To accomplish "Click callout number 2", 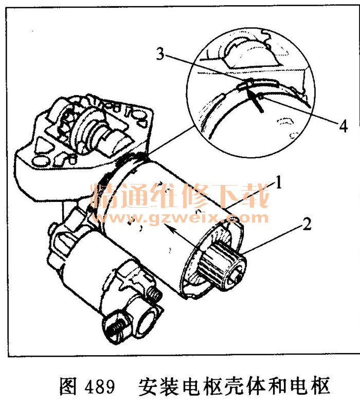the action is point(307,224).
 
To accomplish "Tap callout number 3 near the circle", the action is point(160,54).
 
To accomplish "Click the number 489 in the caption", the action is point(100,387).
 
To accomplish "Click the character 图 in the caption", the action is point(68,387).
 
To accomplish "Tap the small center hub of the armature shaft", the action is point(237,278).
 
